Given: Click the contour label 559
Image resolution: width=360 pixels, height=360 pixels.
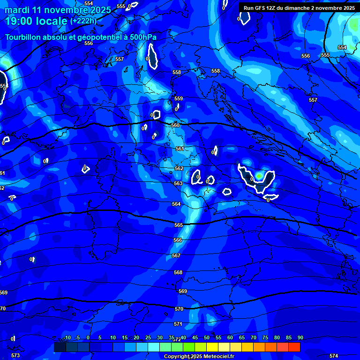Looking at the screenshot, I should (x=179, y=99).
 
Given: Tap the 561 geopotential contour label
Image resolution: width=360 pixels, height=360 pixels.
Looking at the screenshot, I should (x=180, y=149).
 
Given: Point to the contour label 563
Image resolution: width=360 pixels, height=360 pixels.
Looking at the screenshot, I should (x=178, y=184).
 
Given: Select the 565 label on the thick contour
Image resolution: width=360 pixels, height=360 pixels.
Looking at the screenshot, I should (x=179, y=225).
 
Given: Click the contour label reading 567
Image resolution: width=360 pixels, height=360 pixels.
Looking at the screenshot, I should (x=176, y=256).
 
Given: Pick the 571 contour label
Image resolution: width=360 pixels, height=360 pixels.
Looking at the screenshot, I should (x=178, y=324).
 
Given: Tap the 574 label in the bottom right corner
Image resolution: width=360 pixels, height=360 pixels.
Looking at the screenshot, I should (x=334, y=356).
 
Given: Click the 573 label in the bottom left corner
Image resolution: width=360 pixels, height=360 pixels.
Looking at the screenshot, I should (x=15, y=356).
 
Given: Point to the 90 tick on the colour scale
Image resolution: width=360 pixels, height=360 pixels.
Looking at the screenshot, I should (x=300, y=338).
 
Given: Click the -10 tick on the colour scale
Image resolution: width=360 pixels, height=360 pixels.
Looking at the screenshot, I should (x=67, y=338).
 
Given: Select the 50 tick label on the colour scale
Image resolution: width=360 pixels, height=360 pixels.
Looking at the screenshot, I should (x=207, y=338).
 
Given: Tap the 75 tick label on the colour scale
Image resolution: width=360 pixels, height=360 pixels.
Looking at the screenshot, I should (x=265, y=338).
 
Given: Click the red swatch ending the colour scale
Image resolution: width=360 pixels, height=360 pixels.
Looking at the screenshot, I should (x=294, y=347).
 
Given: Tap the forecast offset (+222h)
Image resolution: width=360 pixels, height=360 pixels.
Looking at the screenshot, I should (x=83, y=21).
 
